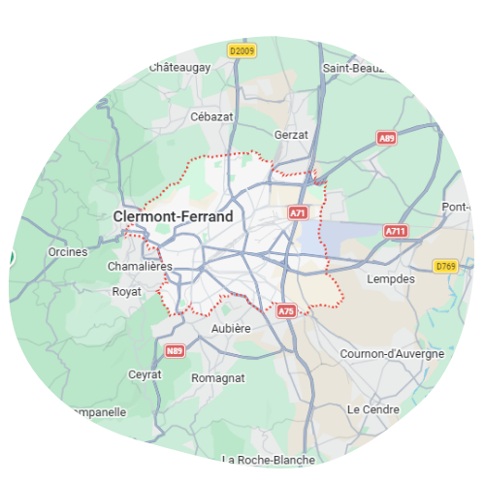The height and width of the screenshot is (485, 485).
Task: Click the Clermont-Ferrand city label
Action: tap(173, 216)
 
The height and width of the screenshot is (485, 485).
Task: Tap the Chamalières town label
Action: tap(139, 266)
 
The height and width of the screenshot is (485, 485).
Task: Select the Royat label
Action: tap(126, 291)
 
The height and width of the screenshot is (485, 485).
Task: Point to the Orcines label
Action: tap(67, 252)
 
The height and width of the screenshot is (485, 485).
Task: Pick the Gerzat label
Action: tap(291, 134)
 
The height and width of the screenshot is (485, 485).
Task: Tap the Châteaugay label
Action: tap(180, 67)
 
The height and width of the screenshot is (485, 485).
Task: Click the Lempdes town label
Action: tap(391, 278)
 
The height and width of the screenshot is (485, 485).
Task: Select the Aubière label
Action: tap(231, 329)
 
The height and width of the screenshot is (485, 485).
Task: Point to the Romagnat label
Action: tap(217, 377)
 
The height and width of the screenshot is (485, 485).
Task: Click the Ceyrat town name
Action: tap(145, 374)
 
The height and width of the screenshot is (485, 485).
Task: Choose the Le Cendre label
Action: tap(372, 409)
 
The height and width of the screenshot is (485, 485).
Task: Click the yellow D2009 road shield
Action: tap(242, 49)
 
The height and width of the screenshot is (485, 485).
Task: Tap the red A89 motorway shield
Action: tap(387, 139)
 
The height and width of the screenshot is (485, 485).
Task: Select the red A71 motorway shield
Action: tap(299, 211)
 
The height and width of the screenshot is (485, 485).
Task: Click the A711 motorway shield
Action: tap(396, 231)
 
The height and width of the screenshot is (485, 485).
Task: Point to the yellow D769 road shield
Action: tap(445, 266)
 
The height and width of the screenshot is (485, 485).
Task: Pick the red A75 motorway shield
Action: tap(286, 311)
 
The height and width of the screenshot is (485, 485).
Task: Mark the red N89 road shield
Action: tap(175, 350)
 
